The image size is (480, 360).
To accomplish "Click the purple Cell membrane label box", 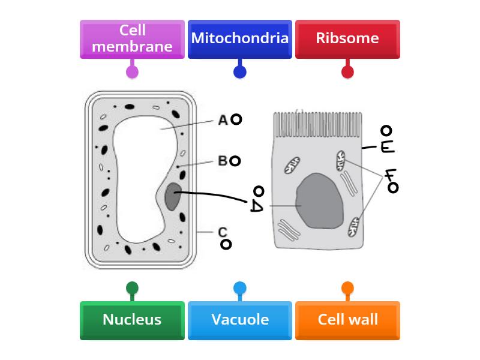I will pyautogui.click(x=132, y=39).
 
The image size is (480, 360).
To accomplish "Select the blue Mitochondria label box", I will pyautogui.click(x=240, y=39).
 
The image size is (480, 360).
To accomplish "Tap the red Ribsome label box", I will pyautogui.click(x=347, y=39).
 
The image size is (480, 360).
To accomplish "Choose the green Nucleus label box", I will pyautogui.click(x=132, y=320).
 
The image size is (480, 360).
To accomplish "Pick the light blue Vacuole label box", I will pyautogui.click(x=240, y=320).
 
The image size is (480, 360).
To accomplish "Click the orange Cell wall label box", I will pyautogui.click(x=347, y=320).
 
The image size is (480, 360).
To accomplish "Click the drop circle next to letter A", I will pyautogui.click(x=236, y=119).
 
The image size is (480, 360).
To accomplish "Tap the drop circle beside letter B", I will pyautogui.click(x=235, y=161).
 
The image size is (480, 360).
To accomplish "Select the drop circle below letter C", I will pyautogui.click(x=226, y=244).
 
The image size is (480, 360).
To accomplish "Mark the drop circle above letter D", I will pyautogui.click(x=259, y=191).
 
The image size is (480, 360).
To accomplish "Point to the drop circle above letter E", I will pyautogui.click(x=386, y=131).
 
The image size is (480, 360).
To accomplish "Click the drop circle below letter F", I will pyautogui.click(x=393, y=188).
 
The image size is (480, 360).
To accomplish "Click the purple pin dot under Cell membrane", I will pyautogui.click(x=132, y=72).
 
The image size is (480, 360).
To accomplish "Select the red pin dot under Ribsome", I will pyautogui.click(x=347, y=72).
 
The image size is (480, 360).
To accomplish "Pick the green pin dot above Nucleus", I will pyautogui.click(x=132, y=288).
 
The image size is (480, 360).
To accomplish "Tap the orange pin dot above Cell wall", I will pyautogui.click(x=347, y=288).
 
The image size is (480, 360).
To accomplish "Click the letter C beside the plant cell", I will pyautogui.click(x=223, y=232).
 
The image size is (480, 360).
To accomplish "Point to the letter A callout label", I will pyautogui.click(x=223, y=120).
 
